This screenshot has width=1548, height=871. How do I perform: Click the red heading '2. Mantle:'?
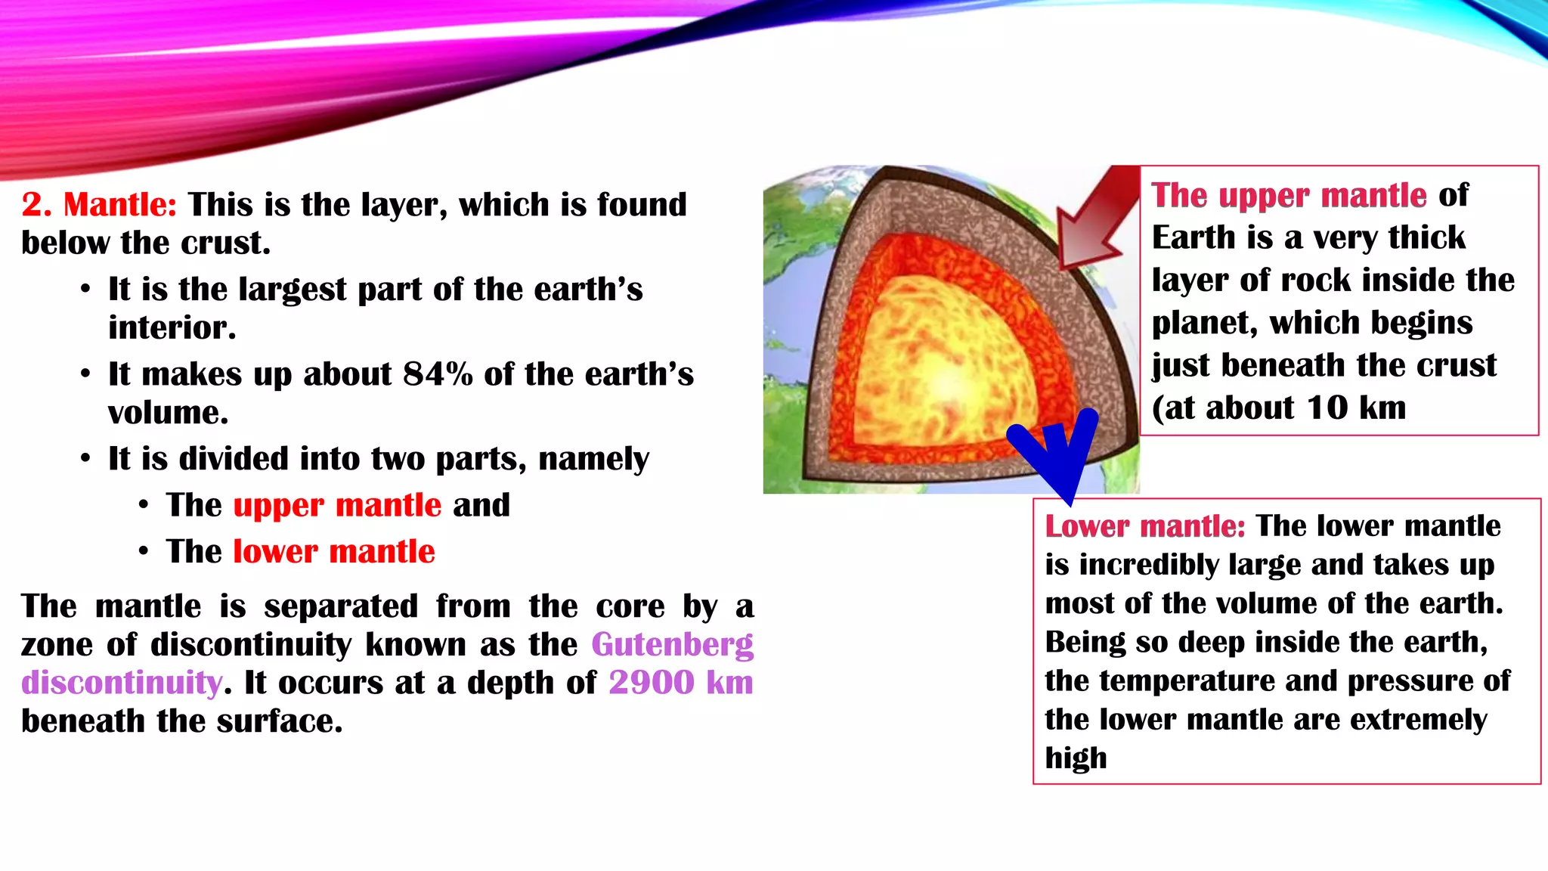99,205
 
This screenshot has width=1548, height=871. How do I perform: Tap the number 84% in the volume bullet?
438,374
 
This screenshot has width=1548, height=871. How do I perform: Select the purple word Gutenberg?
672,645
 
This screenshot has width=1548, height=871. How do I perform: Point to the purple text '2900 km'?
680,683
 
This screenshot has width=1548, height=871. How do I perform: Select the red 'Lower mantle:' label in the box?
1144,526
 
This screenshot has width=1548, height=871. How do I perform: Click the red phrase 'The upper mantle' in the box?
1289,196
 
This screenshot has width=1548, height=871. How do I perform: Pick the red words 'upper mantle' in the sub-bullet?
337,505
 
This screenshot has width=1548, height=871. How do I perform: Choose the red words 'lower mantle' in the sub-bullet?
334,552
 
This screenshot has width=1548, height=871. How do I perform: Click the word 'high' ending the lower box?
1076,758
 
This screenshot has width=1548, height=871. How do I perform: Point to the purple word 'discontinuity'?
122,683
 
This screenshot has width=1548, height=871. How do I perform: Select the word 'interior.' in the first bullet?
172,328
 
